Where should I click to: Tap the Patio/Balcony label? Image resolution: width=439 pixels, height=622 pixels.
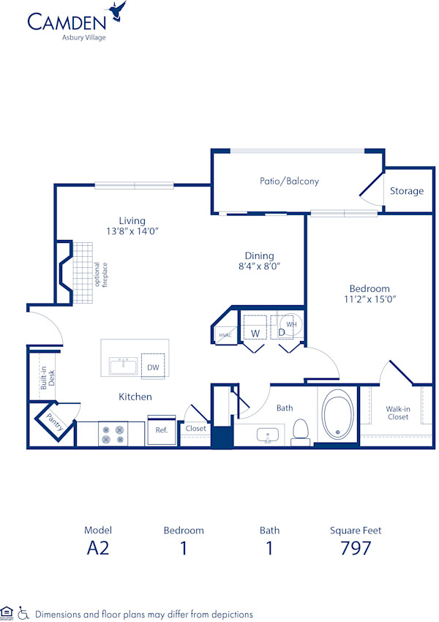[289, 181]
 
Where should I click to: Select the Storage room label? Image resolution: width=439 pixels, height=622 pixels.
[406, 191]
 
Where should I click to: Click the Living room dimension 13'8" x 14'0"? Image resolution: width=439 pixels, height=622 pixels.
[132, 231]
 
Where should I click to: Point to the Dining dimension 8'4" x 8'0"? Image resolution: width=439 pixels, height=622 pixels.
[259, 266]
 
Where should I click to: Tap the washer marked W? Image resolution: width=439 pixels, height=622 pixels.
[255, 333]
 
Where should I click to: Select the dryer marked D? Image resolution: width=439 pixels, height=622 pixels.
[281, 333]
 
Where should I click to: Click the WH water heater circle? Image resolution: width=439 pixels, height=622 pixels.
[290, 323]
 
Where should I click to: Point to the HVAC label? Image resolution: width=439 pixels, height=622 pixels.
[224, 335]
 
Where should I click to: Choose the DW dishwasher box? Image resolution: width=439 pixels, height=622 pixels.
[153, 367]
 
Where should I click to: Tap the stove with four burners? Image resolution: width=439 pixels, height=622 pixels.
[113, 434]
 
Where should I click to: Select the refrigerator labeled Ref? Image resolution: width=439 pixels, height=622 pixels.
[162, 430]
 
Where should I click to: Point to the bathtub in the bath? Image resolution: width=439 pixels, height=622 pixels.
[337, 416]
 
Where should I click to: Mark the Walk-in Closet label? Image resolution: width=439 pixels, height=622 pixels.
[397, 413]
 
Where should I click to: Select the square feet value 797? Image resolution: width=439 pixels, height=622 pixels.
[355, 548]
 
